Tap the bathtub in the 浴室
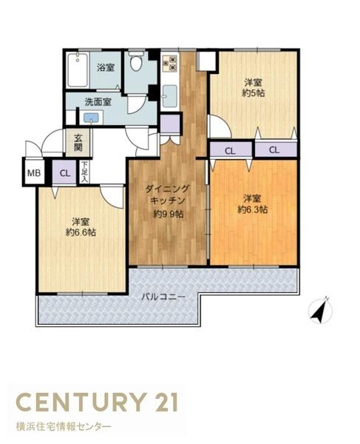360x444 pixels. point(78,70)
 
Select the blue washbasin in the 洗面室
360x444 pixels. point(91,118)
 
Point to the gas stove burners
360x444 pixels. point(169,64)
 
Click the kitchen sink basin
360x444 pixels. point(169,96)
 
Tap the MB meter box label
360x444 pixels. point(34,172)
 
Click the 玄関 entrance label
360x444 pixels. point(78,143)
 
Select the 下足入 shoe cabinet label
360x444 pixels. point(84,172)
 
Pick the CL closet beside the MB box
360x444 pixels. point(65,172)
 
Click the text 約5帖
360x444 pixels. point(254,93)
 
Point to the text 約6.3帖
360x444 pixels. point(253,209)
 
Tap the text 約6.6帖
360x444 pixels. point(81,232)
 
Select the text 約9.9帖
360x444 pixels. point(169,214)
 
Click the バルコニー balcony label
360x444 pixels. point(163,297)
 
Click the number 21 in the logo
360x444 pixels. point(164,402)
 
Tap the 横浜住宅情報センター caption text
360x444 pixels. point(64,426)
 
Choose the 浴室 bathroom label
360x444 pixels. point(106,67)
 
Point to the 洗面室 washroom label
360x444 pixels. point(98,102)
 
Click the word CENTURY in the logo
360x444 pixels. point(80,402)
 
